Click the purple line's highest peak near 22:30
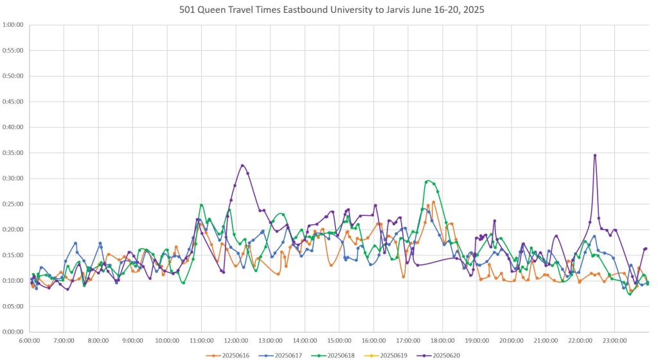click(x=595, y=155)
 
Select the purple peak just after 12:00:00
click(x=242, y=165)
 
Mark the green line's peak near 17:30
click(x=428, y=181)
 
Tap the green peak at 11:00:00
click(x=201, y=205)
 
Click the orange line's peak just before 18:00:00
click(x=434, y=202)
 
